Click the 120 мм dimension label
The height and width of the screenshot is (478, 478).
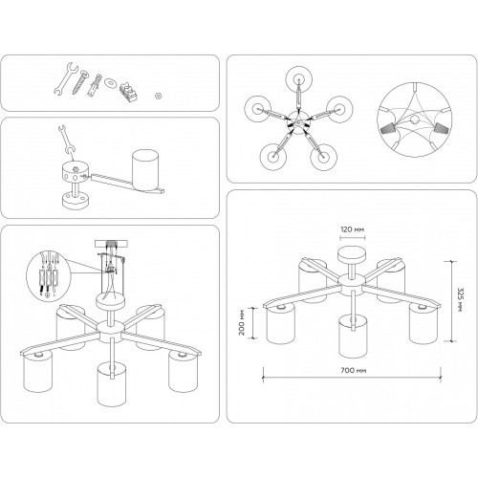353,229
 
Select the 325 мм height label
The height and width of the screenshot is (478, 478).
460,300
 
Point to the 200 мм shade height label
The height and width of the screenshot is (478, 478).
242,322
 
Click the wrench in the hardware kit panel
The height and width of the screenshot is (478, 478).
65,78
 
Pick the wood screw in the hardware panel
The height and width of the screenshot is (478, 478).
79,82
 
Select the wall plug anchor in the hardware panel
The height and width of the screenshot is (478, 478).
95,84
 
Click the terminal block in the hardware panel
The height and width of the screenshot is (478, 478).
129,91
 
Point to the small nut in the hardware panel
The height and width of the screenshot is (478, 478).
158,96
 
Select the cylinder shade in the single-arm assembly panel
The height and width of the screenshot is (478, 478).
145,170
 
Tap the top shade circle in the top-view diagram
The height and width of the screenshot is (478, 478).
298,78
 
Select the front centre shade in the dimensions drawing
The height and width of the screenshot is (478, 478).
353,337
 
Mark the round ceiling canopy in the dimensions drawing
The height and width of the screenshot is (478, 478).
351,254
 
